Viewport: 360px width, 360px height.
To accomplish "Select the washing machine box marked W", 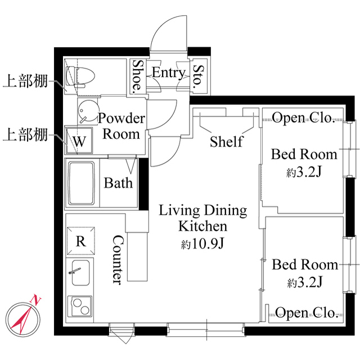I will point(79,141).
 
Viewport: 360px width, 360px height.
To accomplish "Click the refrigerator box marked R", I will point(80,241).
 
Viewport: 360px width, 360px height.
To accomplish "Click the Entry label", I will point(168,73).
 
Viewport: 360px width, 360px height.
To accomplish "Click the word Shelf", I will point(226,141).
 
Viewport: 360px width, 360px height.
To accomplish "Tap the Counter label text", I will point(118,259).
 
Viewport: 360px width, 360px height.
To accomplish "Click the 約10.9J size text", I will point(203,245).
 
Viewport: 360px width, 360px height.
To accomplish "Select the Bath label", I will point(119,183).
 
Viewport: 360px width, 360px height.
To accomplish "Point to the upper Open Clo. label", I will point(304,118).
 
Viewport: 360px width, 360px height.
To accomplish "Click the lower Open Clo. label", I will point(306,313).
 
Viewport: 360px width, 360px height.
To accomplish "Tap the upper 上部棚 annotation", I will point(25,81).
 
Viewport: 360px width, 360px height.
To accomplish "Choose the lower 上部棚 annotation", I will point(25,135).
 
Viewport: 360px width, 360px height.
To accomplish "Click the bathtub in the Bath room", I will point(83,184).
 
